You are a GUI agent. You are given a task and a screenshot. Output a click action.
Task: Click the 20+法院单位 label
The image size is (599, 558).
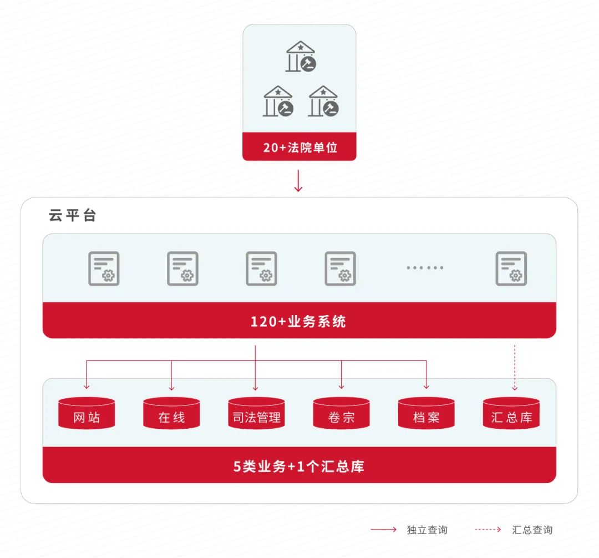point(299,148)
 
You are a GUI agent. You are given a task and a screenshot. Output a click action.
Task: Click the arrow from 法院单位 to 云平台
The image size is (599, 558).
point(298,181)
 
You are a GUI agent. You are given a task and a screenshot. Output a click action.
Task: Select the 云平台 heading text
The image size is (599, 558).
point(73,216)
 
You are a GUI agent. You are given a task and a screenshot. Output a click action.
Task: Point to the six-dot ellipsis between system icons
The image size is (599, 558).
point(425,267)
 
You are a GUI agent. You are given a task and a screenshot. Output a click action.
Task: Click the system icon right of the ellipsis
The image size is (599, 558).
point(511,268)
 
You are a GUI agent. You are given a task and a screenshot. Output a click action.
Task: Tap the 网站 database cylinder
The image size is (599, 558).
point(87,413)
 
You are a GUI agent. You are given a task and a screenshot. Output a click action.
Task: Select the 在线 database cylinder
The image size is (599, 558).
point(171,413)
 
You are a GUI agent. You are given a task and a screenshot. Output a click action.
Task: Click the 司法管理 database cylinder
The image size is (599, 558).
point(256,413)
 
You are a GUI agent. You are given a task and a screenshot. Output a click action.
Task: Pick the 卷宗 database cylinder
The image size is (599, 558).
point(341,413)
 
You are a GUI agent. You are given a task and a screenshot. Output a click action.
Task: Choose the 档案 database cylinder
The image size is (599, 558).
point(426,413)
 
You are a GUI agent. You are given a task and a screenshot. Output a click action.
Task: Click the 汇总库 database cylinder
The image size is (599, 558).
point(511,413)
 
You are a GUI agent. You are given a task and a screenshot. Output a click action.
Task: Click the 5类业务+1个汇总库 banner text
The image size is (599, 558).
point(298,466)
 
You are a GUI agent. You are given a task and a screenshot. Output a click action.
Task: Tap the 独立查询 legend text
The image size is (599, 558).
point(427,530)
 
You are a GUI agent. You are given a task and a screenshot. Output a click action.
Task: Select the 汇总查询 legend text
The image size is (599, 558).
point(532,530)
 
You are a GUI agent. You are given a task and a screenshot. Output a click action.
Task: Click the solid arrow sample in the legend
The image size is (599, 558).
point(384,530)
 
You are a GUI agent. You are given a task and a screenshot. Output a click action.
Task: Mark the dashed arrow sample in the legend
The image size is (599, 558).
point(488,530)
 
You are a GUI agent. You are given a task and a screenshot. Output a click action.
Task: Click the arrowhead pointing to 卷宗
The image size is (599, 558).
point(341,387)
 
